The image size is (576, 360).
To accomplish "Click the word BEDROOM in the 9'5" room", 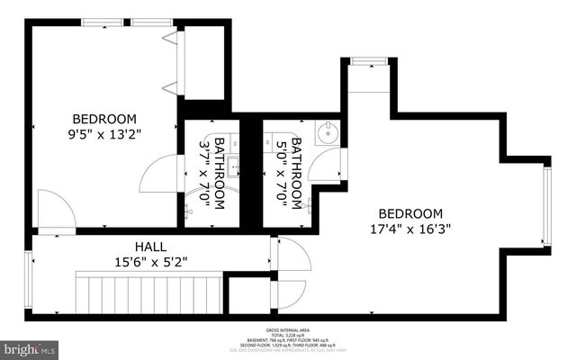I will [104, 119].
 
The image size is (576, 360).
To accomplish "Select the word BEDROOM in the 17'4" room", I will [409, 213].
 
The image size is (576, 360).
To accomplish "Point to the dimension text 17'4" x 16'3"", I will [409, 229].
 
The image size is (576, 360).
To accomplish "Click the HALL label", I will [149, 246].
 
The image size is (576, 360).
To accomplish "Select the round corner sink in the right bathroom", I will [326, 134].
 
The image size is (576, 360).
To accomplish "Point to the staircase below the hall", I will [149, 293].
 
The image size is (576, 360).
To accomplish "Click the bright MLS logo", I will [30, 346].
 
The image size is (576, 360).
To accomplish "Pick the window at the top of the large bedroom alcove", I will [367, 61].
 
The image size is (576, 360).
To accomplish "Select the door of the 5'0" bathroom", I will [333, 163].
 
